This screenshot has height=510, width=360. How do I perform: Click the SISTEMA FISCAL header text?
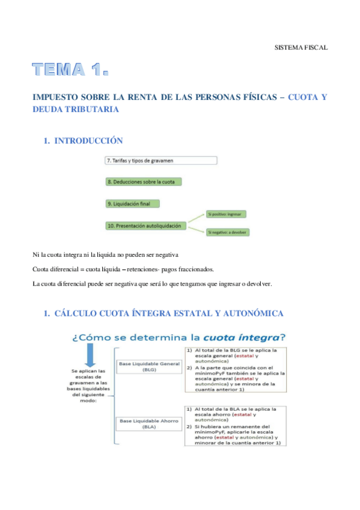coord(301,47)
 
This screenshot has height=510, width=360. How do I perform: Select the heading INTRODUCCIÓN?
coord(88,141)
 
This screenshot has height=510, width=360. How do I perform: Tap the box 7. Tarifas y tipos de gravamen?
coord(160,161)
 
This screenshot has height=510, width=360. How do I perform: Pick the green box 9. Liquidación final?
coord(132,204)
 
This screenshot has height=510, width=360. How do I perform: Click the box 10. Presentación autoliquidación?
coord(146,226)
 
